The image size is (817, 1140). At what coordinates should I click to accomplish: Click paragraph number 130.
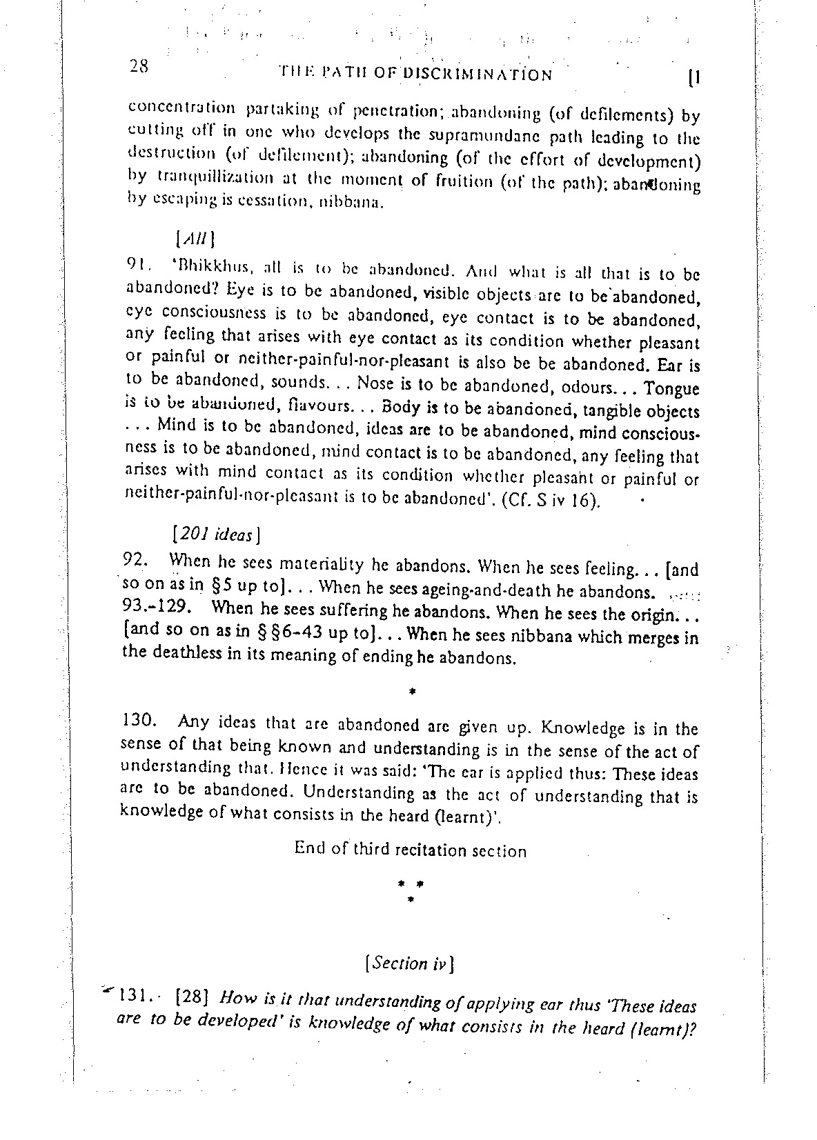coord(141,721)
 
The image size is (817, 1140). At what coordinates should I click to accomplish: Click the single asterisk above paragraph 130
coord(411,690)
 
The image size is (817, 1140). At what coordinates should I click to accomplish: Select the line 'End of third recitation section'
coord(410,850)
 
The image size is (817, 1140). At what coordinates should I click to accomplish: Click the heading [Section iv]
coord(408,963)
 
